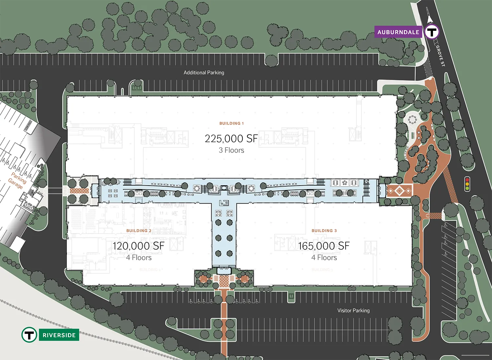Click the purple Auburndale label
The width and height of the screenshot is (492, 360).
coord(398,32)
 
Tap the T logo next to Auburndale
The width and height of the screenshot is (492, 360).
coord(432,32)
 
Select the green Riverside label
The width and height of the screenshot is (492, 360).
coord(59,335)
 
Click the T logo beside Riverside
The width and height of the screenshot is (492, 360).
coord(29,335)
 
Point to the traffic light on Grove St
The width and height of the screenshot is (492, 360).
coord(467,184)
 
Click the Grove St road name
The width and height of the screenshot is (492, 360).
coord(440,56)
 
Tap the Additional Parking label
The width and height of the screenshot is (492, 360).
coord(204,72)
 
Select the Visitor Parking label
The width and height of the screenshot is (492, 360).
coord(353,310)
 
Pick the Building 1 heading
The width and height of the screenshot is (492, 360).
coord(232,123)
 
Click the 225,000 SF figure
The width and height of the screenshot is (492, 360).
coord(231,139)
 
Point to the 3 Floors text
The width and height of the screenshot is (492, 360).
coord(231,150)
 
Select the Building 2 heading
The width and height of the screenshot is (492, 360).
coord(139,231)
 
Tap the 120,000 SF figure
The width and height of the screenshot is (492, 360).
coord(138,246)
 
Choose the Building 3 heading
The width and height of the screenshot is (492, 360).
coord(324,231)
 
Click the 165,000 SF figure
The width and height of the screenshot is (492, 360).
coord(324,246)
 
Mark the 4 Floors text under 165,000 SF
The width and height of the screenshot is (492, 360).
coord(324,258)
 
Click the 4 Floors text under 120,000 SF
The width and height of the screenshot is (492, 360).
coord(139,258)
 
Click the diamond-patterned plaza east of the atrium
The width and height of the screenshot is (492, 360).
coord(399,190)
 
